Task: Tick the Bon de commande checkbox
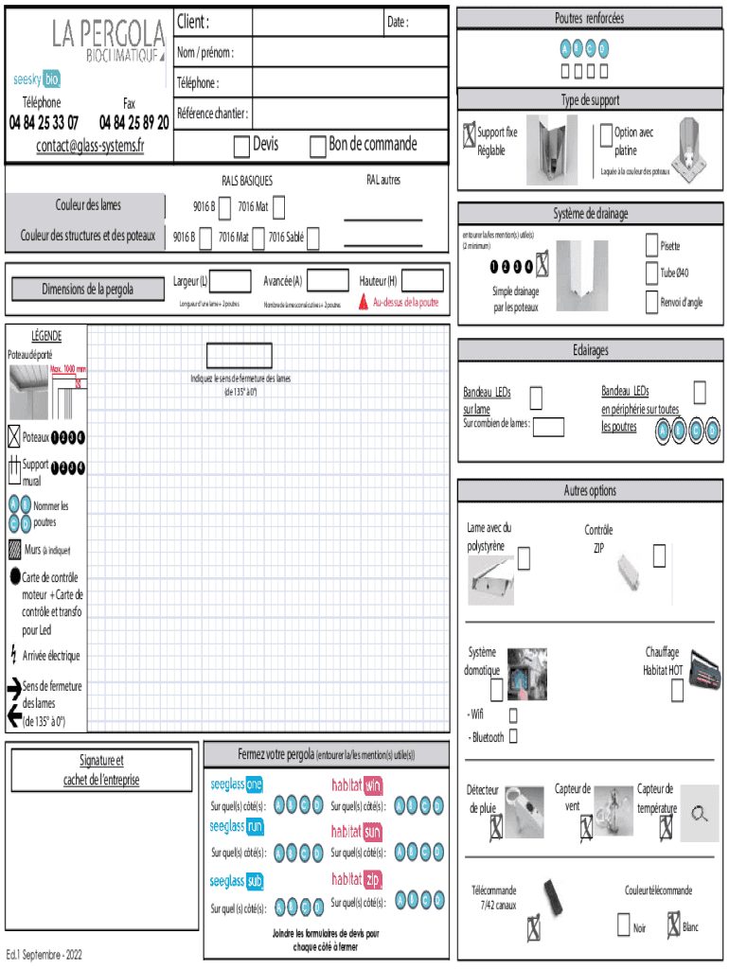[x=317, y=146]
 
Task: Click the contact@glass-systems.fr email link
[x=90, y=145]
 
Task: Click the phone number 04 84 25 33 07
[x=44, y=122]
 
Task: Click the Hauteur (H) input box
[x=422, y=280]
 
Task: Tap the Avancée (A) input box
[x=329, y=280]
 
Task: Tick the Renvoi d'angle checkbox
[x=652, y=302]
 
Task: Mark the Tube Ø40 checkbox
[x=652, y=273]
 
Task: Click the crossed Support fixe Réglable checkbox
[x=469, y=136]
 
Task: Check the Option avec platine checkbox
[x=606, y=136]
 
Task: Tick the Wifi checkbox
[x=514, y=715]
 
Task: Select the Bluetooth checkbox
[x=514, y=735]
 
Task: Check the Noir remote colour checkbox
[x=623, y=924]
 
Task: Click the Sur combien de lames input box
[x=549, y=427]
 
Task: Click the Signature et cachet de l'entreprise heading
[x=101, y=770]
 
